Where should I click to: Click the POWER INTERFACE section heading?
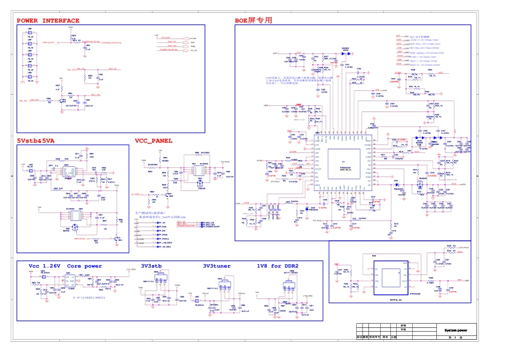pyautogui.click(x=48, y=21)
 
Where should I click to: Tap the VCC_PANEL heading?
pyautogui.click(x=153, y=141)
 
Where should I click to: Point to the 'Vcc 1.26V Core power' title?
pyautogui.click(x=65, y=266)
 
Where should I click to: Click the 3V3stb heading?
pyautogui.click(x=151, y=266)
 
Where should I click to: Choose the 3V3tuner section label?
pyautogui.click(x=217, y=266)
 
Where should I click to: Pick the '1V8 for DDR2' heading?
pyautogui.click(x=278, y=266)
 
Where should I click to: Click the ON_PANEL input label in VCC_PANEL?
pyautogui.click(x=137, y=194)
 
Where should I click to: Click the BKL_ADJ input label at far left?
pyautogui.click(x=23, y=101)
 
